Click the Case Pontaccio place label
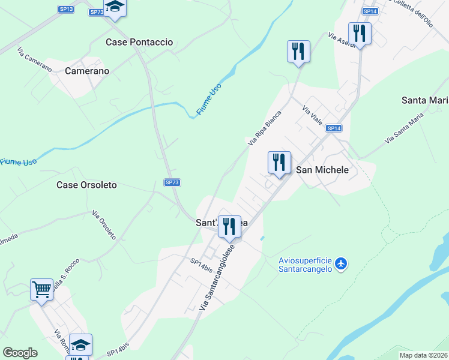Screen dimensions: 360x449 (139, 42)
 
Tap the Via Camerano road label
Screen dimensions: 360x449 (35, 59)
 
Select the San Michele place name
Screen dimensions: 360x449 (322, 170)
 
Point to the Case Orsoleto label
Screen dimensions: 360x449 (86, 185)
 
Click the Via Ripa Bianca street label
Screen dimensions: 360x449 (265, 128)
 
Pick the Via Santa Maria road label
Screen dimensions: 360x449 (408, 129)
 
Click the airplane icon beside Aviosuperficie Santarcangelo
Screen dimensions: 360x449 (341, 263)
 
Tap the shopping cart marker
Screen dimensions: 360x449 (42, 290)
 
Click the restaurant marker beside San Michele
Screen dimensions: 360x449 (279, 163)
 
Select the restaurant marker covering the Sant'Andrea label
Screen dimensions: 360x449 (229, 227)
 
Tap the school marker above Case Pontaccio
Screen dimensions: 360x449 (115, 8)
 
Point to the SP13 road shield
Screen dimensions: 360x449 (67, 9)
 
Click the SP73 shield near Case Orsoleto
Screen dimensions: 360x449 (172, 182)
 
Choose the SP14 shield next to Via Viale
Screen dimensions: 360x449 (334, 128)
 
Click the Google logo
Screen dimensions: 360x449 (20, 352)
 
